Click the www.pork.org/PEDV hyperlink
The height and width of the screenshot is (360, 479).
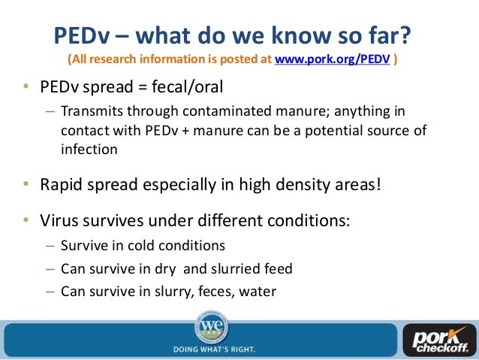pos(332,59)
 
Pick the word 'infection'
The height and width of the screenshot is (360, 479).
pos(89,148)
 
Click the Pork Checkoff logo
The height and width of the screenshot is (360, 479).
pos(438,340)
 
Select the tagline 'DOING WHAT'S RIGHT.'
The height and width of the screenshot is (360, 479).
pos(214,349)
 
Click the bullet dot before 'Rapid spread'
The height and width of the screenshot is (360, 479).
pos(25,183)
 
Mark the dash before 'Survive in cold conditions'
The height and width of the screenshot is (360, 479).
pos(50,247)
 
